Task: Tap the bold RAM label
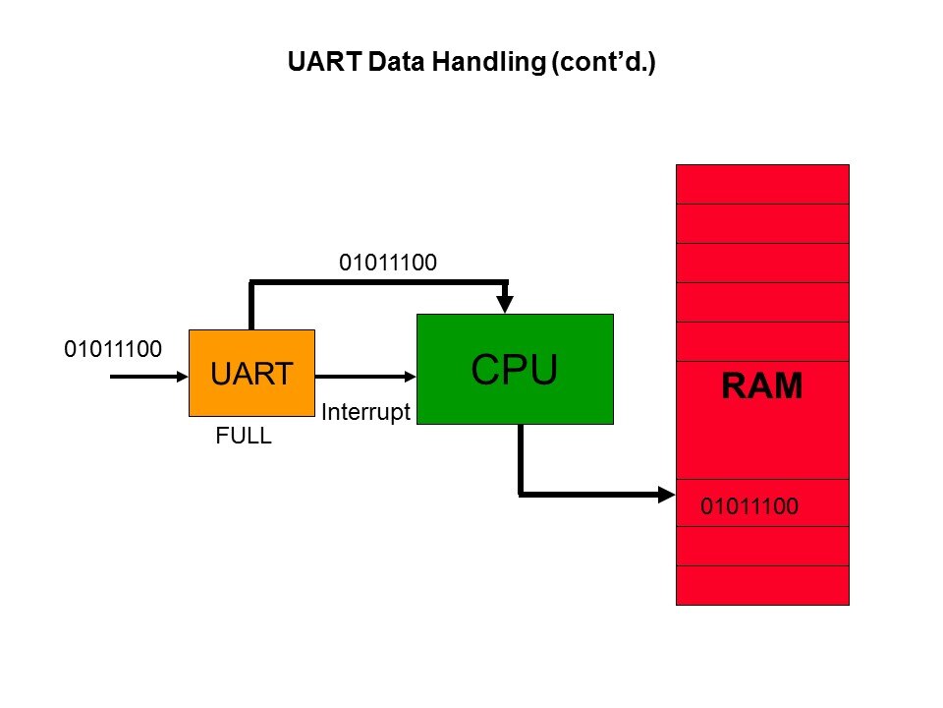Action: point(762,386)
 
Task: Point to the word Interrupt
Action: point(364,413)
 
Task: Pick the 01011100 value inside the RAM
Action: point(749,507)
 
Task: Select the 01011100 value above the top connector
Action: point(387,263)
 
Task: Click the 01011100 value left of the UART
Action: point(112,349)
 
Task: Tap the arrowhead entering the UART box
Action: point(182,375)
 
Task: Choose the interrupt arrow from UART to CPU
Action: point(363,375)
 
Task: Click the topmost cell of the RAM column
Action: point(762,184)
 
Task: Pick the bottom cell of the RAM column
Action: point(762,585)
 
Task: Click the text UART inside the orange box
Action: point(251,374)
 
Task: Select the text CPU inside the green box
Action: point(515,369)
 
